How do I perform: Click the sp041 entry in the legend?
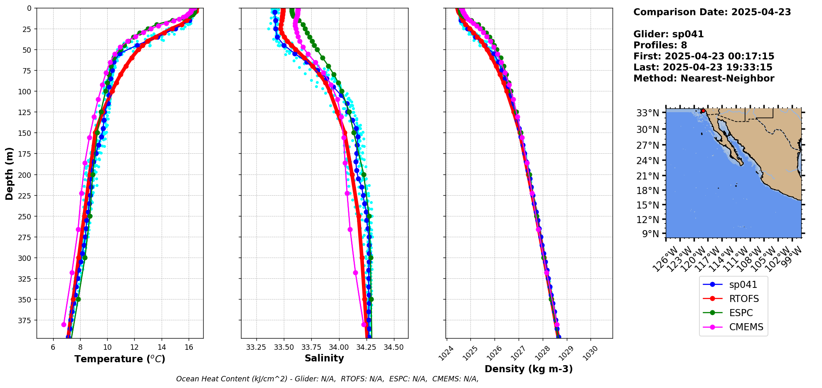[743, 285]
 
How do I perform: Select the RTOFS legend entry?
[743, 299]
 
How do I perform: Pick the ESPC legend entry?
[741, 313]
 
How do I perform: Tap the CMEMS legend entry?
[746, 327]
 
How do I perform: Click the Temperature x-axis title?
[120, 359]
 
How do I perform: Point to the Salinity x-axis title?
[324, 358]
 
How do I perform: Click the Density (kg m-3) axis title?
[529, 369]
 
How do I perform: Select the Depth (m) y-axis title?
[9, 173]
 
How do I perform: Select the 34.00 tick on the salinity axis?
[339, 347]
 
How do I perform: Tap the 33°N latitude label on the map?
[648, 113]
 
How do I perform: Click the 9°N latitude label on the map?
[651, 234]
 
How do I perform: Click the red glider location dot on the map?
[703, 111]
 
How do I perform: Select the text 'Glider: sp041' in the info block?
[668, 34]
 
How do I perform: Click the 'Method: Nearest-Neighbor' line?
[704, 79]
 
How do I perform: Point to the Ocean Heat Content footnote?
[327, 379]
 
